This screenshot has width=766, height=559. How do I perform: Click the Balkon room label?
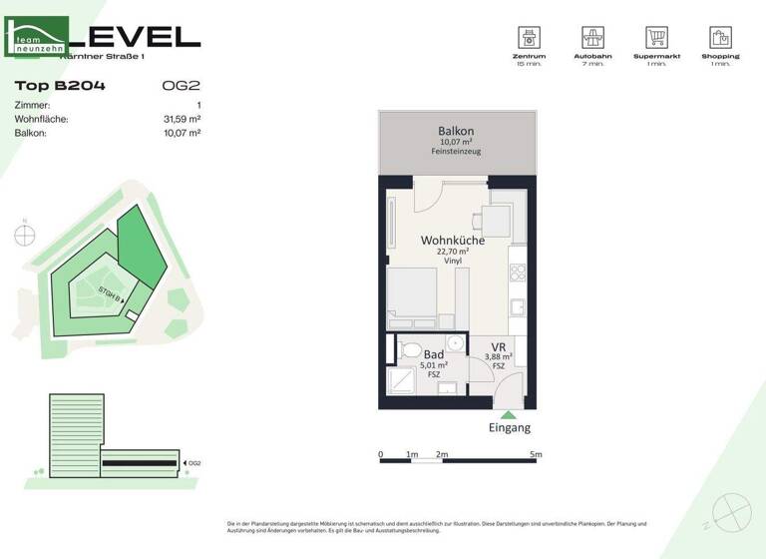[x=455, y=132]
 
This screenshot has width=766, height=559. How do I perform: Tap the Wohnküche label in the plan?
[x=453, y=241]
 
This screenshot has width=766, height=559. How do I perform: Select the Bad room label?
[x=434, y=354]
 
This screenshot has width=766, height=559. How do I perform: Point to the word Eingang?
[x=509, y=427]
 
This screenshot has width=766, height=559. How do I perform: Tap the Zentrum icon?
[x=528, y=38]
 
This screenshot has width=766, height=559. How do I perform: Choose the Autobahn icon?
[x=592, y=38]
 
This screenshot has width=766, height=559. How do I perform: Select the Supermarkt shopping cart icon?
[x=656, y=38]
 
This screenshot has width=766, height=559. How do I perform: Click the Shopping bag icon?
[x=720, y=38]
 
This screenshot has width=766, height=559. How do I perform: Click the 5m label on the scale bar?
[x=536, y=454]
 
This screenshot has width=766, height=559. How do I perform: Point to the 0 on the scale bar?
[x=380, y=454]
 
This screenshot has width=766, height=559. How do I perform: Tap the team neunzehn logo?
[x=37, y=38]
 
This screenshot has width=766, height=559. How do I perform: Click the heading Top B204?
[x=60, y=86]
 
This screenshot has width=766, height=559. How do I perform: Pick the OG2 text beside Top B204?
[x=181, y=86]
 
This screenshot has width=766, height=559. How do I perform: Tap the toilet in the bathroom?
[x=409, y=349]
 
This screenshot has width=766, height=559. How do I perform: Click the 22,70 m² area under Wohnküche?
[x=453, y=252]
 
